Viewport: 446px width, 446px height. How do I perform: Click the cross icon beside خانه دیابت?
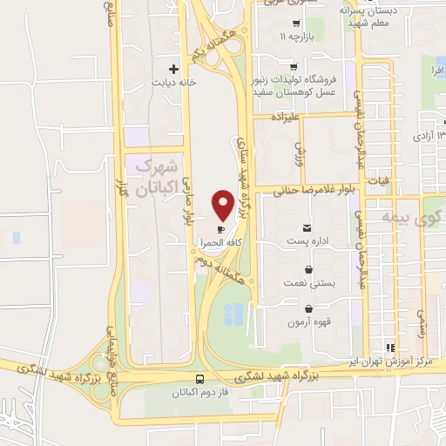tap(174, 68)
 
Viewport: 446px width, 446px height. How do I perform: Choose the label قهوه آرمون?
tap(308, 321)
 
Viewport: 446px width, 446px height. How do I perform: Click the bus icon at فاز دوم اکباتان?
tap(201, 380)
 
